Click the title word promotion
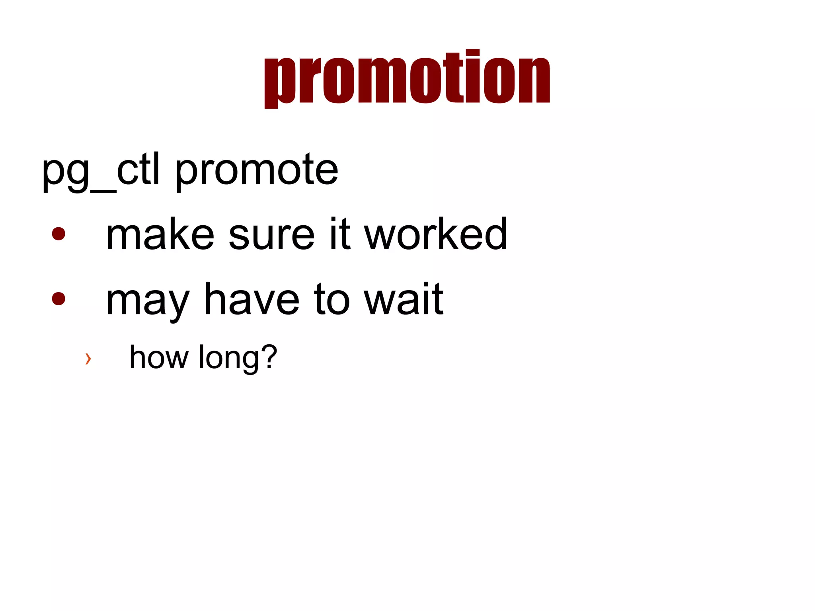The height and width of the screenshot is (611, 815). [407, 78]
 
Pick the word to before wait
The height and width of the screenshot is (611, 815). [332, 301]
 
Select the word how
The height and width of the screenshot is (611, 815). [159, 357]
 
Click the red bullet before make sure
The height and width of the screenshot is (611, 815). [58, 234]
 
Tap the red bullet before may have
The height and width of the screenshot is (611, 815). [58, 299]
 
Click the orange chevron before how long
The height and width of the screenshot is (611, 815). [88, 358]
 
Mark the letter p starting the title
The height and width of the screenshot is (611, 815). [279, 82]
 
